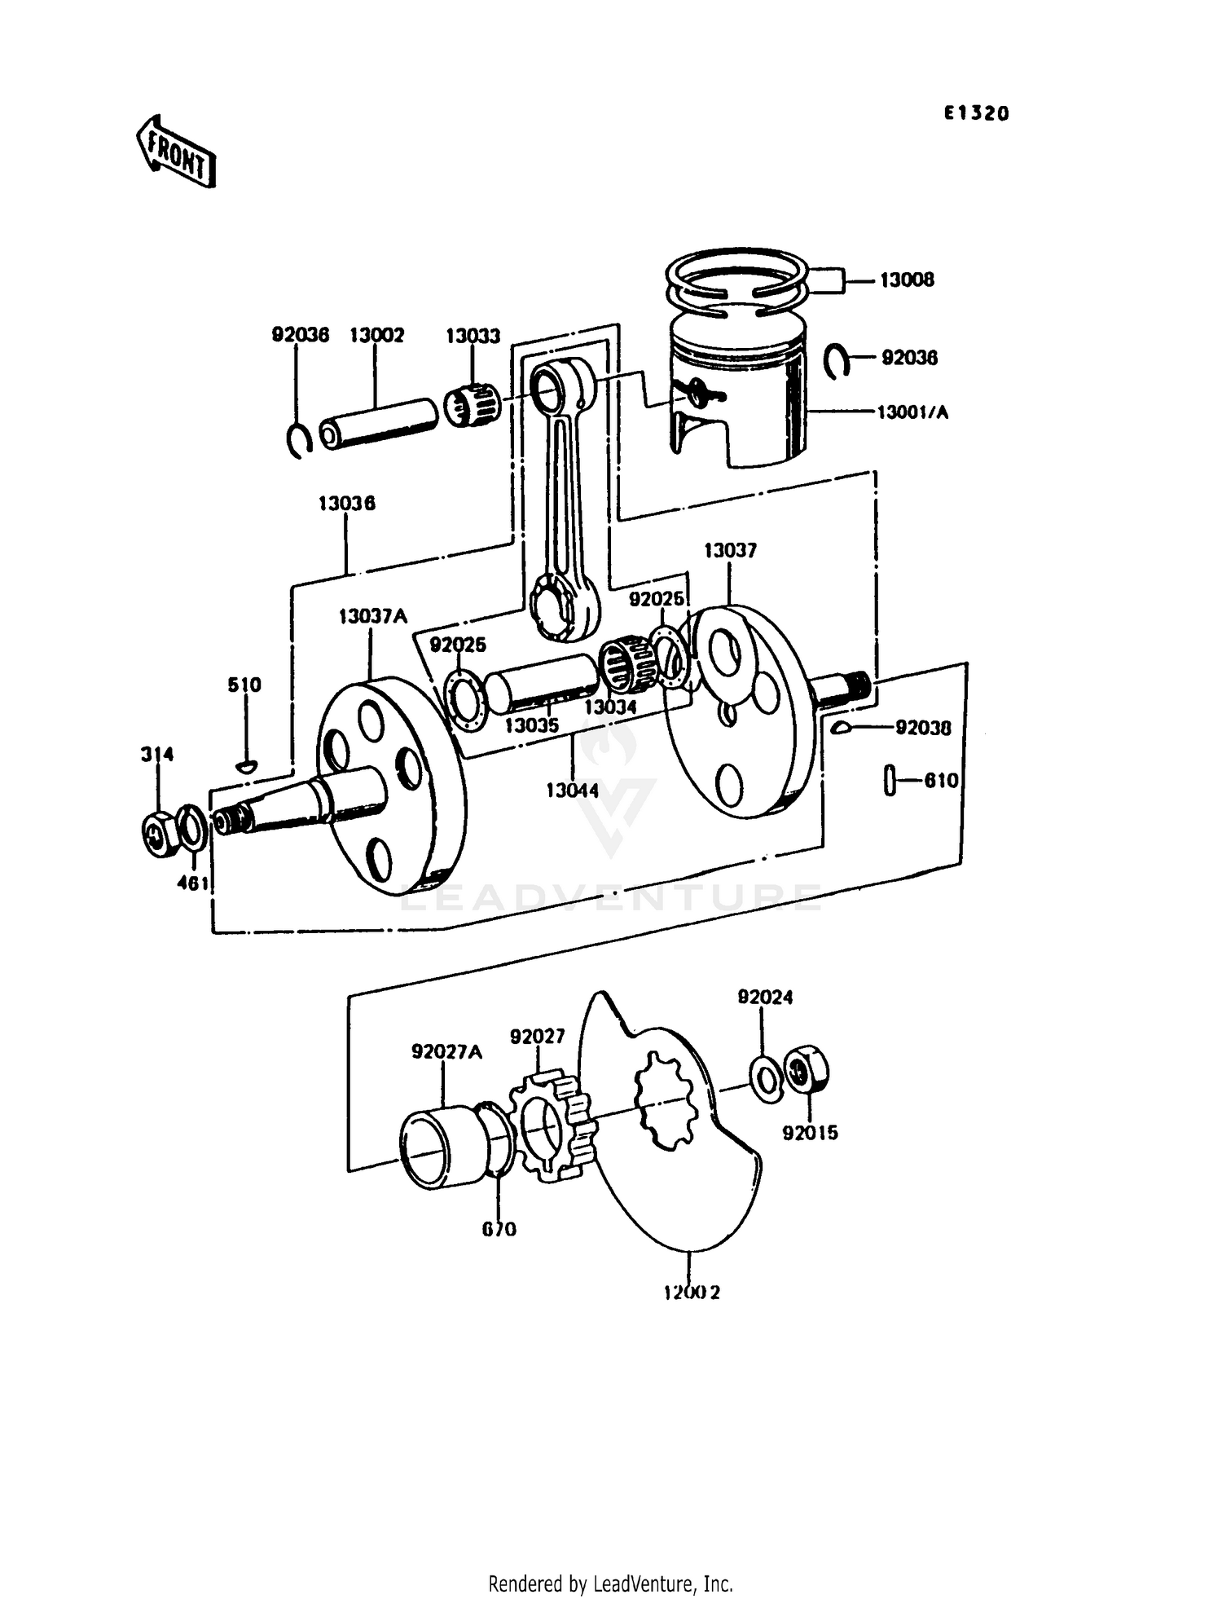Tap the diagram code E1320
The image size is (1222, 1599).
click(x=976, y=113)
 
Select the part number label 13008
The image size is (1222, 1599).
click(x=906, y=280)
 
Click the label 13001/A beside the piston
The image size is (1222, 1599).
click(x=912, y=412)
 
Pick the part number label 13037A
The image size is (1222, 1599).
click(x=372, y=616)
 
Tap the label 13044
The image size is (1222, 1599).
click(x=571, y=790)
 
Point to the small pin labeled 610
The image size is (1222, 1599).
click(x=889, y=780)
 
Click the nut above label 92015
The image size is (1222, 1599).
click(x=807, y=1070)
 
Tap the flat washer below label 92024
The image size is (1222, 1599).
click(x=765, y=1079)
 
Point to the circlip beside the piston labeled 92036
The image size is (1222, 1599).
click(x=835, y=360)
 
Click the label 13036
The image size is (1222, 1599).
click(x=346, y=504)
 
